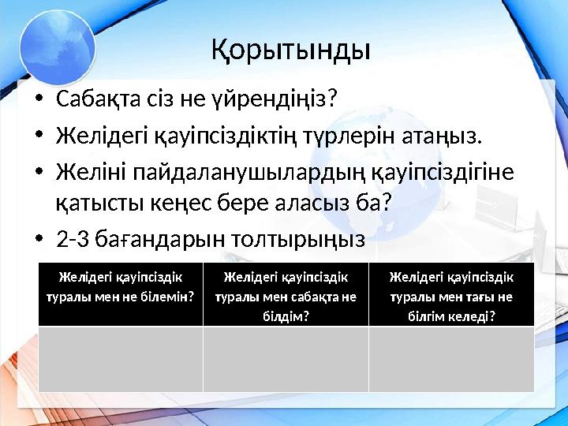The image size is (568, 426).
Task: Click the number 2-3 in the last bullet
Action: point(75,237)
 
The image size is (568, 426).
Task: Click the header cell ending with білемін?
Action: point(121,291)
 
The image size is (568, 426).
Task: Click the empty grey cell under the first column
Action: point(121,359)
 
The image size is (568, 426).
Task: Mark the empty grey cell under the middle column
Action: point(286,359)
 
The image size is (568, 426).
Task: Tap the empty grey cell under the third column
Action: point(451,359)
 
